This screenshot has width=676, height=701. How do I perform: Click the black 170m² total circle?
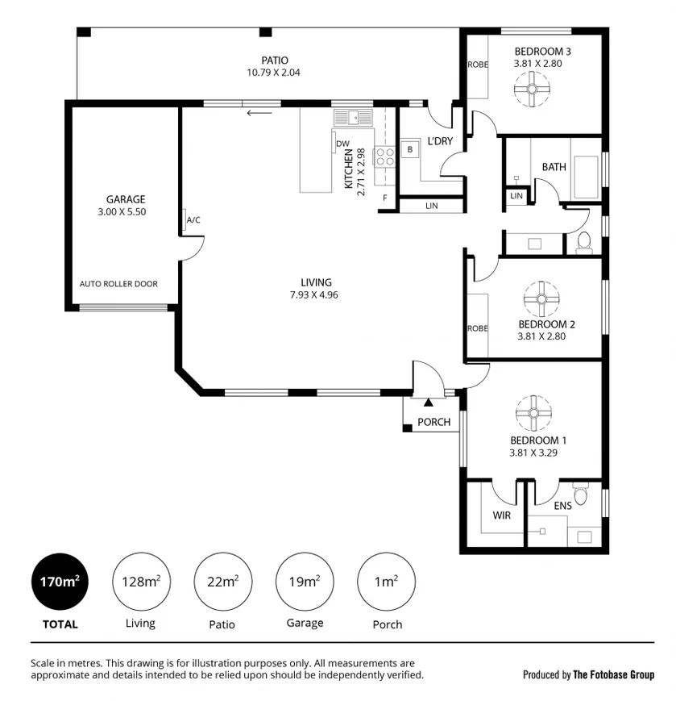tap(60, 582)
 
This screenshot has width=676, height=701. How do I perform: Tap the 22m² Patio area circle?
tap(223, 582)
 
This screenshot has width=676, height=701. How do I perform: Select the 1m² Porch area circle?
tap(386, 582)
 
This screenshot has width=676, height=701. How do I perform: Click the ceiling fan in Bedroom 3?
tap(532, 89)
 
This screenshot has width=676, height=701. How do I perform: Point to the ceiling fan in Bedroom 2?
tap(541, 299)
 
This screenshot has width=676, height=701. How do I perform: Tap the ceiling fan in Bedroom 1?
tap(533, 413)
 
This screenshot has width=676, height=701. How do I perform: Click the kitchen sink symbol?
tap(353, 118)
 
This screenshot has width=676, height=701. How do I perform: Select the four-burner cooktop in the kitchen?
tap(385, 156)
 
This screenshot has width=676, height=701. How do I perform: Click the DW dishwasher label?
tap(342, 144)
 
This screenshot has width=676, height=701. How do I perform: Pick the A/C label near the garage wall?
tap(193, 220)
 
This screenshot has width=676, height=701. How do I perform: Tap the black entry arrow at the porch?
tap(429, 403)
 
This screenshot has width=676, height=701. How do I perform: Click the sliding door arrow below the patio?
tap(259, 113)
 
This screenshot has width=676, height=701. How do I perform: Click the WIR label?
tap(501, 515)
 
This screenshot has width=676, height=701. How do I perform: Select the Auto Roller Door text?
tap(118, 284)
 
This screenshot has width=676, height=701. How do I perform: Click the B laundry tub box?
tap(410, 149)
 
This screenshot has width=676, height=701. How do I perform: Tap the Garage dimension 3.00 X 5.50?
tap(122, 212)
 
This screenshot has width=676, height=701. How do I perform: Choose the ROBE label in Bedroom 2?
tap(478, 328)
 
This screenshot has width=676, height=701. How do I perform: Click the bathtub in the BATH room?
tap(586, 177)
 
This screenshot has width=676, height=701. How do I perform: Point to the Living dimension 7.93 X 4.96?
tap(314, 295)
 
